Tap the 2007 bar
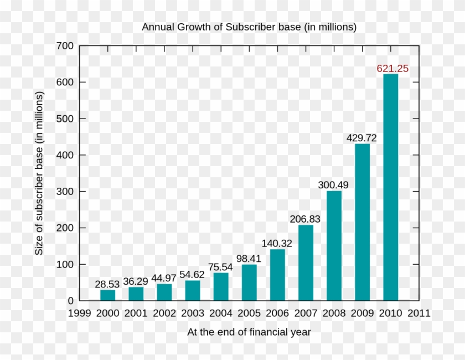coord(306,263)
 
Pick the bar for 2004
coord(221,287)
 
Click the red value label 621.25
coord(392,69)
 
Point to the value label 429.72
coord(361,138)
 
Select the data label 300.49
coord(333,185)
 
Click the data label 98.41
coord(249,259)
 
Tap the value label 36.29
coord(136,281)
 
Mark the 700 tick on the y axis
coord(65,46)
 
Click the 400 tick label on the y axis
coord(65,155)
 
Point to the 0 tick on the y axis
coord(70,301)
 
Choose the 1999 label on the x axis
coord(79,313)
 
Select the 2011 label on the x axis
coord(418,313)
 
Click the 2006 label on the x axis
coord(277,313)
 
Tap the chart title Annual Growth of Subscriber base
coord(249,27)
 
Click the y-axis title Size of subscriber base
coord(39,173)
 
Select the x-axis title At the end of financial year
coord(249,332)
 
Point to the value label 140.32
coord(277,243)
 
